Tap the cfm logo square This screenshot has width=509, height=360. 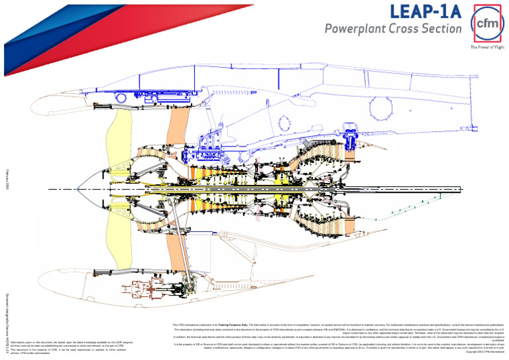(487, 24)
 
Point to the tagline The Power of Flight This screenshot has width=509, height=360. (487, 48)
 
